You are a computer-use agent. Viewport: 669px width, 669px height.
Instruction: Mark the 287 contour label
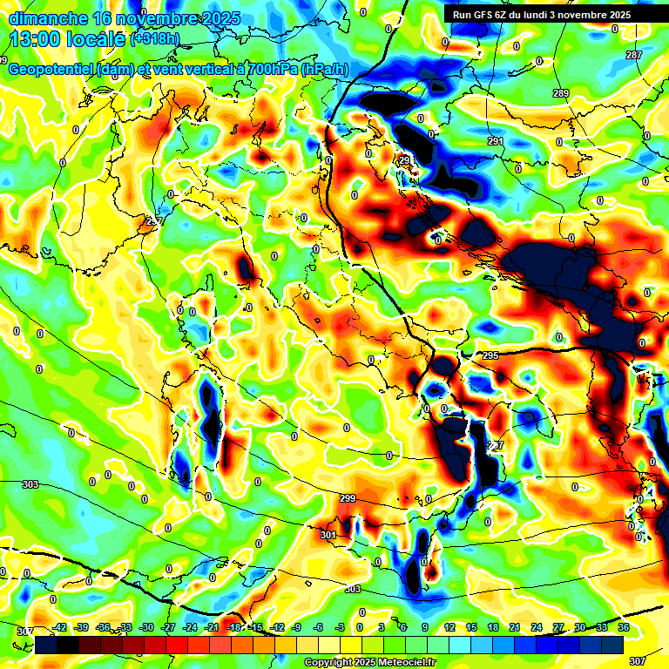(x=634, y=55)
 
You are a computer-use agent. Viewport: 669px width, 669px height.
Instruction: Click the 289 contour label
(x=560, y=93)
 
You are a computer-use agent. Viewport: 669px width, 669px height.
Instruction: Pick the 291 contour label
(x=495, y=141)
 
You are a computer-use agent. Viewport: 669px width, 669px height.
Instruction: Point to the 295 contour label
(x=490, y=355)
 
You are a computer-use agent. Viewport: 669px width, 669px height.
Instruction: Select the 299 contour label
(x=348, y=498)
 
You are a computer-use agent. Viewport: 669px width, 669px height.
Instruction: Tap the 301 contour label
(x=328, y=535)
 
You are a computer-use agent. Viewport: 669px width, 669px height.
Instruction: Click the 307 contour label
(x=638, y=661)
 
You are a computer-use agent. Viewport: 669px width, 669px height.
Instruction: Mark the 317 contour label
(x=25, y=631)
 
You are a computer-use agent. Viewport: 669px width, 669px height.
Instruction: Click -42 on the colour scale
(x=60, y=626)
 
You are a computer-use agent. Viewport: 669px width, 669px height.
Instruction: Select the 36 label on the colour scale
(x=624, y=626)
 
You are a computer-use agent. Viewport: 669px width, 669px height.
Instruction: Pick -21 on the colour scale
(x=212, y=626)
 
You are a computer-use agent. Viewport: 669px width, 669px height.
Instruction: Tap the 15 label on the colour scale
(x=471, y=626)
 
